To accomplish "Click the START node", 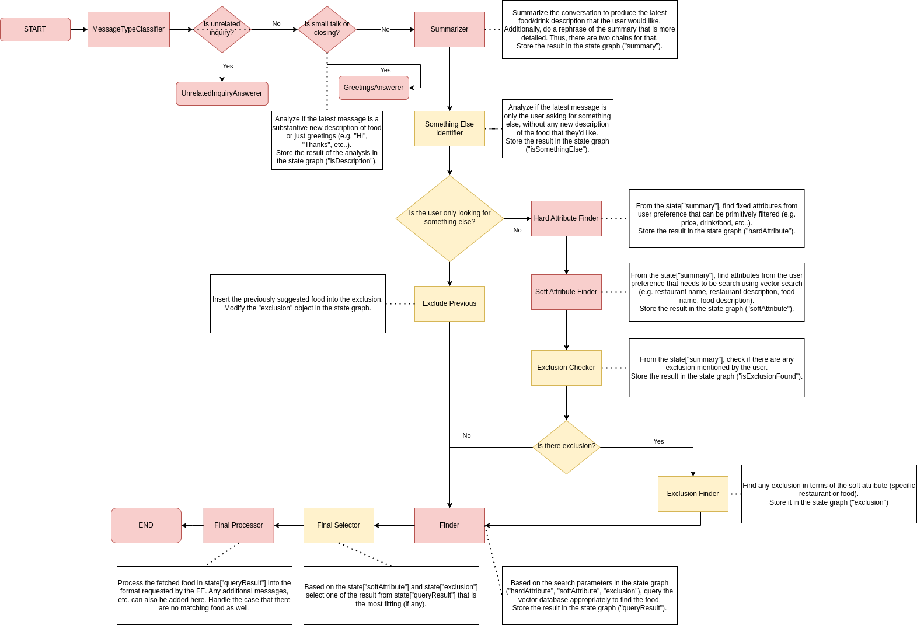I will click(x=35, y=29).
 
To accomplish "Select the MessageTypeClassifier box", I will click(x=128, y=29).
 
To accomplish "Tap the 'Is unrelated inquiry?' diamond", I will click(x=222, y=29).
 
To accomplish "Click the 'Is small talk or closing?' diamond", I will click(x=327, y=29).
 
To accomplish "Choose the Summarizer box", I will click(x=449, y=29).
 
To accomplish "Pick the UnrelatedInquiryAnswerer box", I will click(x=222, y=93).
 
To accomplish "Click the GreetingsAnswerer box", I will click(x=374, y=88).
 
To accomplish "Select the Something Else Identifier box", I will click(x=449, y=128).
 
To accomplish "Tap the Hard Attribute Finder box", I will click(x=566, y=218).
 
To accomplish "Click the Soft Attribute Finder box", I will click(x=566, y=292).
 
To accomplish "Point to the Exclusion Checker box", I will click(x=566, y=368).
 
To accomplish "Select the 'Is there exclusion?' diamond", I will click(x=566, y=446).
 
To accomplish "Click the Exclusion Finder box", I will click(x=693, y=494).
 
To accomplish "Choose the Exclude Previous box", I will click(x=449, y=303).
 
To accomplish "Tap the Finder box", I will click(x=449, y=525).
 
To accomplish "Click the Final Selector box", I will click(x=339, y=525).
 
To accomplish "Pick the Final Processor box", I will click(x=239, y=525).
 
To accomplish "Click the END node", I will click(x=146, y=525).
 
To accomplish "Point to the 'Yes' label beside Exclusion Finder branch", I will click(x=658, y=441).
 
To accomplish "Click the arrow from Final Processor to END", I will click(x=193, y=525).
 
